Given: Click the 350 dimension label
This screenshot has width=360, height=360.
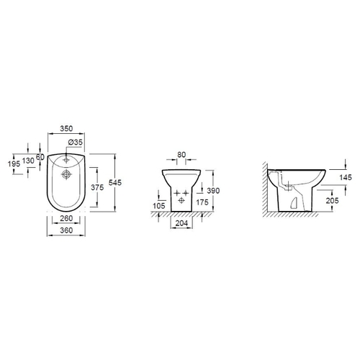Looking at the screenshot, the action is (66, 129).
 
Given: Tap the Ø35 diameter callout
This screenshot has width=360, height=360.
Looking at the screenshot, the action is (75, 142).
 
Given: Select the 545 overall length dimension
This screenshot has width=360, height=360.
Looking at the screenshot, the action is (115, 183).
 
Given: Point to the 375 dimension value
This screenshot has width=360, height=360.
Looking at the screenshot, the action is (97, 187).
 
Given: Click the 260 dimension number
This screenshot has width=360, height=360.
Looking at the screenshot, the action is (66, 218).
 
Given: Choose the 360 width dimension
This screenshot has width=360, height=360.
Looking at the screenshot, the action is (66, 230).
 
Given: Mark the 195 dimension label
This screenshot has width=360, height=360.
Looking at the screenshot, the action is (14, 164).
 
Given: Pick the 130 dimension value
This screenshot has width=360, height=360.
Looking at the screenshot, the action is (28, 161).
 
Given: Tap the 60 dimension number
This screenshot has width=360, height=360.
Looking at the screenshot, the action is (40, 157).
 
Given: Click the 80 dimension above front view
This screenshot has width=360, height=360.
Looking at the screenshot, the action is (181, 155).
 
